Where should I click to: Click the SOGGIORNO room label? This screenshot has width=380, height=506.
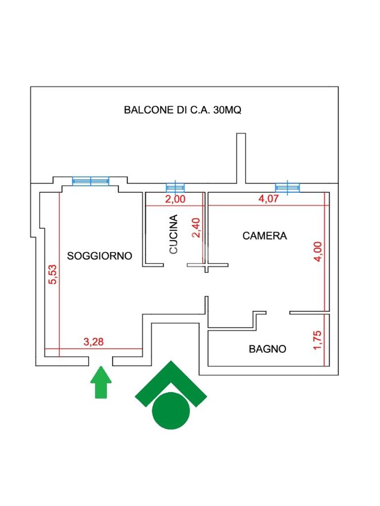(99, 256)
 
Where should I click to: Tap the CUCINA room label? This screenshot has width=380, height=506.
(174, 234)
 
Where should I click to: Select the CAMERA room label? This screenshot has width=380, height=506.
(265, 236)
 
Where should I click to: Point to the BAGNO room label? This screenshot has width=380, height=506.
(268, 349)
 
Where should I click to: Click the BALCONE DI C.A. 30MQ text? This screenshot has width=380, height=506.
(183, 110)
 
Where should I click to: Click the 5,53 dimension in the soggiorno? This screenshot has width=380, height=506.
(52, 274)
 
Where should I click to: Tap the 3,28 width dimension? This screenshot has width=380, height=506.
(94, 342)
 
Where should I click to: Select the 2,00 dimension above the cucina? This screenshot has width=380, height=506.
(175, 199)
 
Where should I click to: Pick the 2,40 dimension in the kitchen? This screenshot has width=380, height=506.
(196, 228)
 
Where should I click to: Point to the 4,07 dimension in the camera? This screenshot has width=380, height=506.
(268, 199)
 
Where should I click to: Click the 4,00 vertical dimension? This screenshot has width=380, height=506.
(318, 252)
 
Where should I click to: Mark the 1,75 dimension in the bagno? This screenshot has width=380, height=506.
(317, 340)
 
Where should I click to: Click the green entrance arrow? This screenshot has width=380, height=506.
(101, 382)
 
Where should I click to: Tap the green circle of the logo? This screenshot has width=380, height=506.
(171, 411)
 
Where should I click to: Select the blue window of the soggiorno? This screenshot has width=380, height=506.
(91, 181)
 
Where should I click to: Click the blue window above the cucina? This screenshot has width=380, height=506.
(175, 187)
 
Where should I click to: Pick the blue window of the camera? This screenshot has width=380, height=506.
(287, 187)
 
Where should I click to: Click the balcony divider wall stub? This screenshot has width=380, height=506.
(241, 159)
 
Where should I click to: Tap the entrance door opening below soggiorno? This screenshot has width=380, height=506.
(101, 361)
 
